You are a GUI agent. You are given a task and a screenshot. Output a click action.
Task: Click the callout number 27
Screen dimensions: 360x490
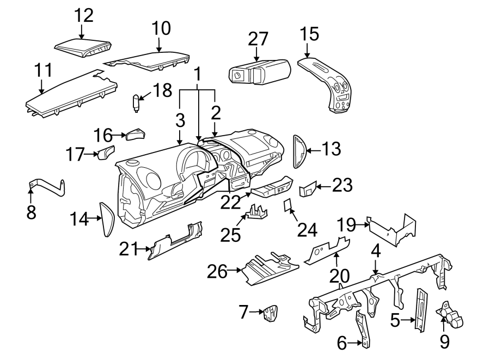click(258, 39)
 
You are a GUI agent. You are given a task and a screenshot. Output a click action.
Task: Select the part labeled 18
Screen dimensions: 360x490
click(136, 102)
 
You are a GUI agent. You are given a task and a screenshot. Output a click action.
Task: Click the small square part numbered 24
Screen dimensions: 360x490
click(288, 205)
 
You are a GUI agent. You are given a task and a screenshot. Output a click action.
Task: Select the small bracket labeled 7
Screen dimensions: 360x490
click(269, 314)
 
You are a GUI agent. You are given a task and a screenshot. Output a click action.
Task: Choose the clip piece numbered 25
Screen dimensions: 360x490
click(259, 212)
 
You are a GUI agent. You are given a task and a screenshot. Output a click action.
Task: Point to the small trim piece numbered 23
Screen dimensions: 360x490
click(308, 188)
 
